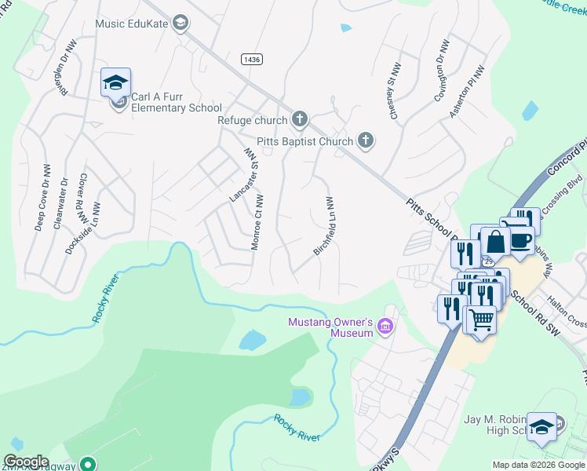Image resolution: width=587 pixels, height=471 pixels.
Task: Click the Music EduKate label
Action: click(131, 24)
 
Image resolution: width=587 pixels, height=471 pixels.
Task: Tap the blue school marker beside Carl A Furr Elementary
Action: click(115, 82)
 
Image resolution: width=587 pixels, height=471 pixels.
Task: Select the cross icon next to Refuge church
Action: click(298, 119)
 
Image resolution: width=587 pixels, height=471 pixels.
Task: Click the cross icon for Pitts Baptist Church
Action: click(365, 141)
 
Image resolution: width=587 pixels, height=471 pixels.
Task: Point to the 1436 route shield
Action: click(252, 59)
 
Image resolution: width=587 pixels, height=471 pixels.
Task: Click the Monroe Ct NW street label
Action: click(257, 223)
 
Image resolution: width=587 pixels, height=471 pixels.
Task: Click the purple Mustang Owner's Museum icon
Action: click(385, 326)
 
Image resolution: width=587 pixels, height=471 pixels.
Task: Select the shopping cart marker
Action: click(480, 319)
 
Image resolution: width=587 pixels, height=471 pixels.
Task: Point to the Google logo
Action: click(26, 462)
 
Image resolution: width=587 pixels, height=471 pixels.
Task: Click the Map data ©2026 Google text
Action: click(538, 465)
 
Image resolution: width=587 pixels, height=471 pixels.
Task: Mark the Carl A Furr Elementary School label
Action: click(177, 103)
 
